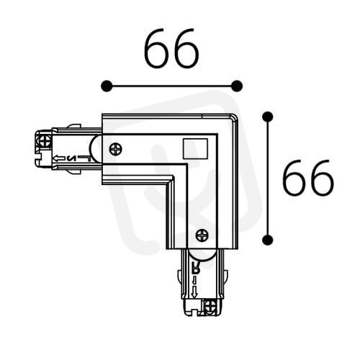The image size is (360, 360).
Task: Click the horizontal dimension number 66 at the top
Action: pyautogui.click(x=172, y=48)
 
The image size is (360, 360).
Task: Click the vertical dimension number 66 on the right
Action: pyautogui.click(x=308, y=177)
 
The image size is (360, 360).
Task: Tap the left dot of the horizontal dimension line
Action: pyautogui.click(x=107, y=86)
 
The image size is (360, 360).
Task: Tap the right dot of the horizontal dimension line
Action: pyautogui.click(x=237, y=86)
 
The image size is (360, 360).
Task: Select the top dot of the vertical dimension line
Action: pyautogui.click(x=268, y=117)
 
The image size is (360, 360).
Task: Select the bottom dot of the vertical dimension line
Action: pyautogui.click(x=268, y=240)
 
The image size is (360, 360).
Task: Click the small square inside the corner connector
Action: pyautogui.click(x=195, y=148)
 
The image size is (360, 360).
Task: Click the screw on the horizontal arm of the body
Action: pyautogui.click(x=116, y=149)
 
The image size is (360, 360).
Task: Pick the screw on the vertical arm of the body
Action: pyautogui.click(x=202, y=235)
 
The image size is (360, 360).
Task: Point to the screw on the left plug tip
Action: pyautogui.click(x=45, y=140)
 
